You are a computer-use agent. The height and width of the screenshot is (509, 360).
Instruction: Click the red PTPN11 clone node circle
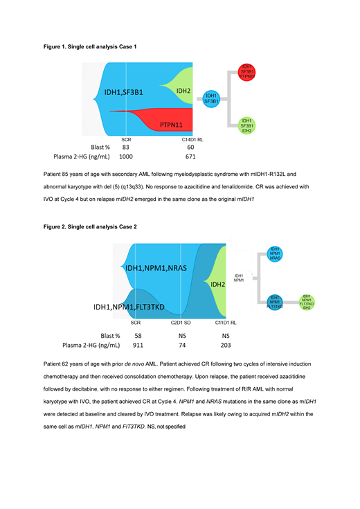click(x=247, y=72)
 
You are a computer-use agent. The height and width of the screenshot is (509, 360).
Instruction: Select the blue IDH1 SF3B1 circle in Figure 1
click(x=211, y=99)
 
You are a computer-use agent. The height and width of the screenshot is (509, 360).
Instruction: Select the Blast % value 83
click(x=126, y=148)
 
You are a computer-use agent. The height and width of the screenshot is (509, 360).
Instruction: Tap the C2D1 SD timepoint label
click(x=181, y=323)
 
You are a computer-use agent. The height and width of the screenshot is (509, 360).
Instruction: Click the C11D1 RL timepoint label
click(x=225, y=323)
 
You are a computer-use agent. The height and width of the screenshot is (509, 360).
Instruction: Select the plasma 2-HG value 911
click(x=138, y=343)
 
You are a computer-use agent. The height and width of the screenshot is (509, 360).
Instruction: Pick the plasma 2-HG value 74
click(x=181, y=343)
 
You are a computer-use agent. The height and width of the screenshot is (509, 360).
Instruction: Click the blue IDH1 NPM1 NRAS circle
click(x=275, y=255)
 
